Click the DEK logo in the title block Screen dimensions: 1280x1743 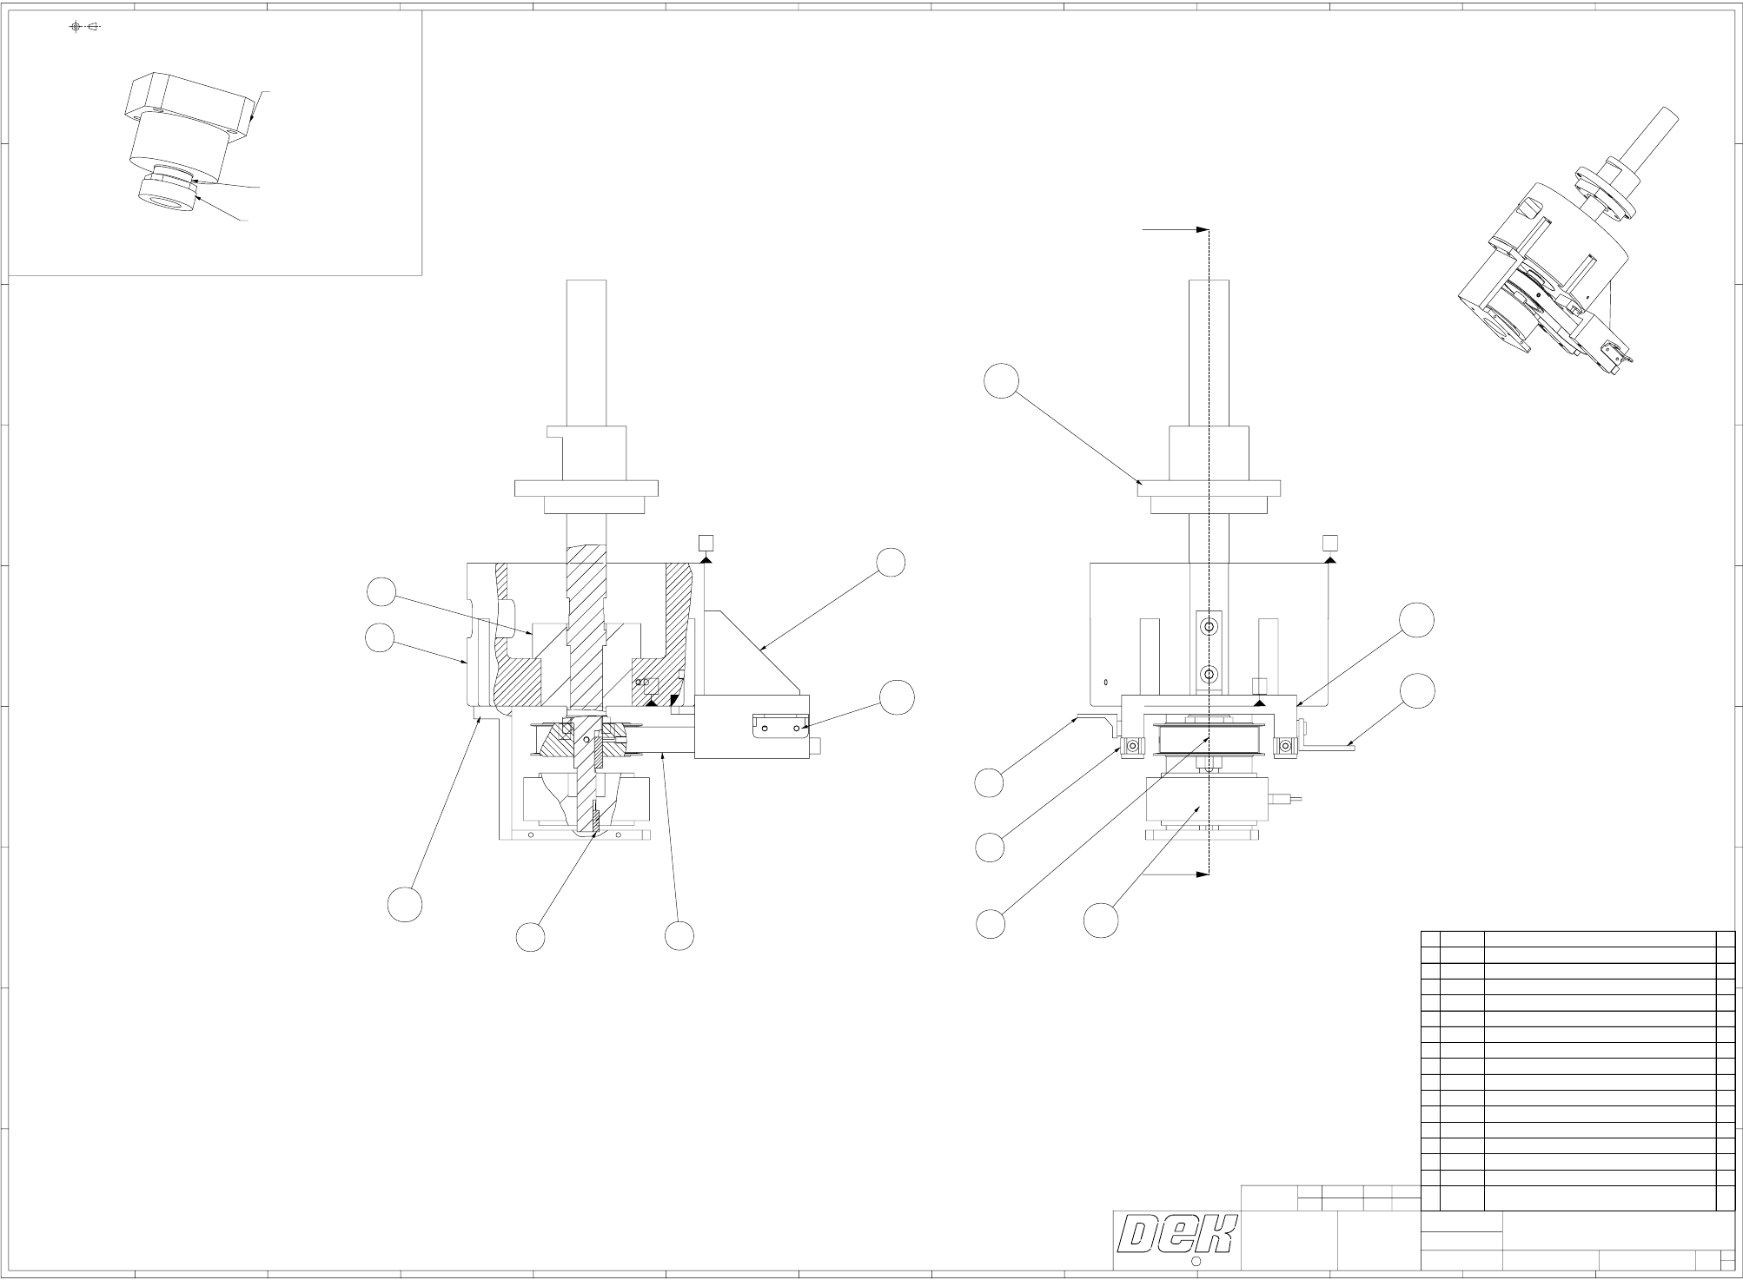coord(1176,1234)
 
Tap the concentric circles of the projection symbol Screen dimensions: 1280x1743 coord(76,27)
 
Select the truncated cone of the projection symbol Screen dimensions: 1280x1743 coord(94,27)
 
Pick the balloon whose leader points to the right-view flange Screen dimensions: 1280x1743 coord(1003,381)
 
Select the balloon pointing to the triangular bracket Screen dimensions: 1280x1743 coord(891,562)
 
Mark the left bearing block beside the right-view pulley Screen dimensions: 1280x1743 coord(1132,746)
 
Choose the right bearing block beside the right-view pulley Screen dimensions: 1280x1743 coord(1283,746)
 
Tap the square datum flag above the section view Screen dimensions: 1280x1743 coord(706,544)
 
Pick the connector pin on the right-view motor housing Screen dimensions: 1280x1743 coord(1288,797)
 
